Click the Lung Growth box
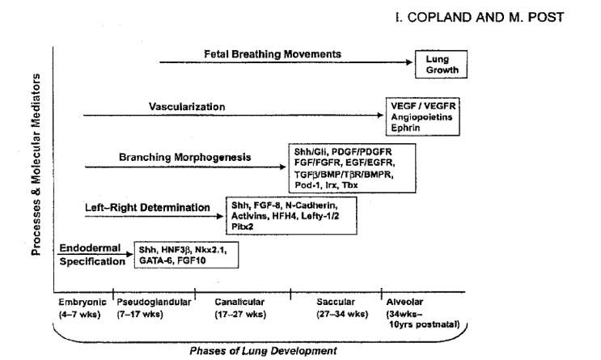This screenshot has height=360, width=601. (x=441, y=65)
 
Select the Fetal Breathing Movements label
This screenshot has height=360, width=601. (x=273, y=54)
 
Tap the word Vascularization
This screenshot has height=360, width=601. (x=187, y=107)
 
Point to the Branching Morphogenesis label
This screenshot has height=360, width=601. (x=184, y=157)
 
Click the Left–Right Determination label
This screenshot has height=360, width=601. (x=147, y=207)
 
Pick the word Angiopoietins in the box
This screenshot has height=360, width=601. (x=421, y=117)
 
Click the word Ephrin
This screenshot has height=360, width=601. (x=405, y=128)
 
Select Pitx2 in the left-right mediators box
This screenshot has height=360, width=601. (x=242, y=227)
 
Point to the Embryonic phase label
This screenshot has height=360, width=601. (x=82, y=302)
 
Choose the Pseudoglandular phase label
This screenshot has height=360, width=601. (x=154, y=302)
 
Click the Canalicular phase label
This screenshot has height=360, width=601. (x=239, y=302)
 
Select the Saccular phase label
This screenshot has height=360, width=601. (x=336, y=302)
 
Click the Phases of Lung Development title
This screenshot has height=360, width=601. (x=264, y=351)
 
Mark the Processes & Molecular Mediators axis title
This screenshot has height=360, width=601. (x=36, y=164)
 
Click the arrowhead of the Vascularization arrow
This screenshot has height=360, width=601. (x=380, y=115)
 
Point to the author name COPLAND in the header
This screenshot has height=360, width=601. (x=438, y=17)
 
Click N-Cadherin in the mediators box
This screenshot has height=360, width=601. (x=311, y=205)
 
